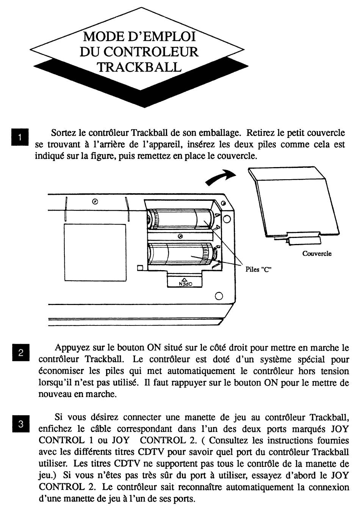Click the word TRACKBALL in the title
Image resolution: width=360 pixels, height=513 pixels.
pyautogui.click(x=139, y=67)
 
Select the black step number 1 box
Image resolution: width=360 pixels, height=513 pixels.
pyautogui.click(x=20, y=137)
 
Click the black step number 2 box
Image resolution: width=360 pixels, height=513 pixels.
pyautogui.click(x=20, y=352)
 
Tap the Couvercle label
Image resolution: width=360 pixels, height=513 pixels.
pyautogui.click(x=317, y=253)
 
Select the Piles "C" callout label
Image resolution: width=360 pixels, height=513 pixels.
pyautogui.click(x=258, y=269)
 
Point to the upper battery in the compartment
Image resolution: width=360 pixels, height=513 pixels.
pyautogui.click(x=181, y=219)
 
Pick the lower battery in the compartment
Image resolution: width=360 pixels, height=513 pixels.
pyautogui.click(x=182, y=254)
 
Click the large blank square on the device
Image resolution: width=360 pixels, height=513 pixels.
pyautogui.click(x=95, y=252)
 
